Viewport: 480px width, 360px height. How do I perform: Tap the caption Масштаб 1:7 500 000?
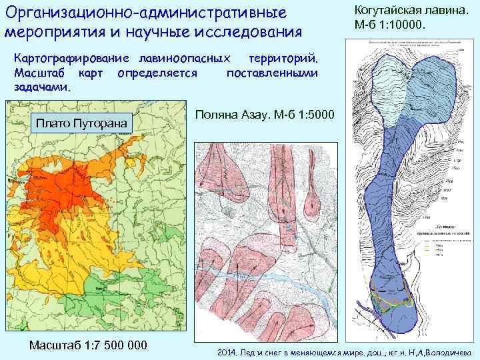click(x=87, y=345)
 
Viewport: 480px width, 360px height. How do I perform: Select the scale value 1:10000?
click(x=406, y=25)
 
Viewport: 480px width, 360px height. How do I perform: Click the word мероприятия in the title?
click(x=51, y=31)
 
